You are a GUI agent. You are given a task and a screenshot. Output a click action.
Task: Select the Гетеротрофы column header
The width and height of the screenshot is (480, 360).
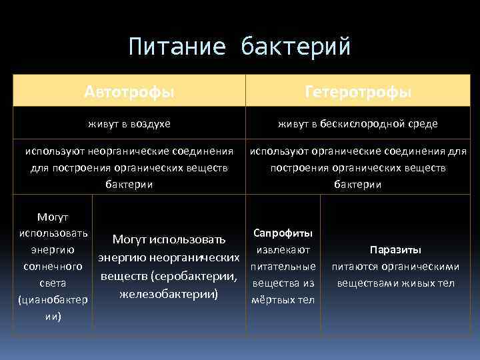pyautogui.click(x=358, y=91)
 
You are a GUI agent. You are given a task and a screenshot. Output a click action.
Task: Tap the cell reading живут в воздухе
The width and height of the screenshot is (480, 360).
pyautogui.click(x=129, y=124)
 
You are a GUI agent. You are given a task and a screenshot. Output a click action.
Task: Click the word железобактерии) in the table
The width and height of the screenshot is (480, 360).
pyautogui.click(x=169, y=293)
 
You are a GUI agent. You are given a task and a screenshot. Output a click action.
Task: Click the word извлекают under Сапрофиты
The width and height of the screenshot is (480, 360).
pyautogui.click(x=283, y=250)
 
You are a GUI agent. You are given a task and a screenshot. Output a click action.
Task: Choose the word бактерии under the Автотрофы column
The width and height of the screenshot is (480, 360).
pyautogui.click(x=129, y=184)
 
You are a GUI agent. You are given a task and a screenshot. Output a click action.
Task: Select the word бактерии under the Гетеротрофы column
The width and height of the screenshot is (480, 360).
pyautogui.click(x=358, y=184)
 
